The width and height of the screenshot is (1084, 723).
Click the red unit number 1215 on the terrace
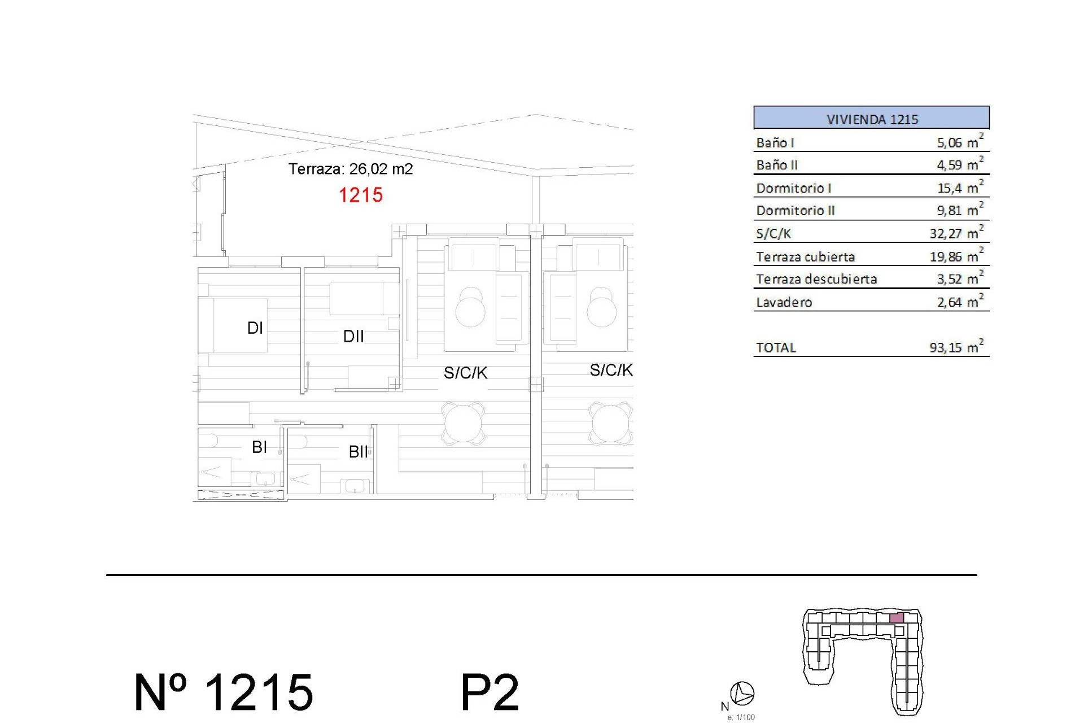pos(361,195)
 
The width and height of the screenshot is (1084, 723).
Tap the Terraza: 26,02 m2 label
pos(351,169)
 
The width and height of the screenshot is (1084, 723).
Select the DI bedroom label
pos(255,328)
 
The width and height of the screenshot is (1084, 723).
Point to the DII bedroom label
pos(353,337)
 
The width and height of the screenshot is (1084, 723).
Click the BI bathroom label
pos(259,447)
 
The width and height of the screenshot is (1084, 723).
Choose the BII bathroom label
pos(358,452)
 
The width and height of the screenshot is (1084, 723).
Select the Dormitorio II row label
pos(795,211)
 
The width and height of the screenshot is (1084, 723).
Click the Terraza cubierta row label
pos(805,257)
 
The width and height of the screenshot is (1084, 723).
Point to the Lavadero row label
pos(784,302)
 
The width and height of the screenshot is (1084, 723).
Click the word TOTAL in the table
pos(776,348)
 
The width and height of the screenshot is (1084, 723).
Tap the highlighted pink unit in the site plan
pos(897,618)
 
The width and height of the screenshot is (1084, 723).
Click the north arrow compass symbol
pos(742,693)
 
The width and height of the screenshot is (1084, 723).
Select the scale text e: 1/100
pos(741,717)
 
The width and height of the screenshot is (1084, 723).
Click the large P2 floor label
pos(489,693)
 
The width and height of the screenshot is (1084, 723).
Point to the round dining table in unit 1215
pos(464,423)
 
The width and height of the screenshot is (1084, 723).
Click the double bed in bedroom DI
pos(233,325)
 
